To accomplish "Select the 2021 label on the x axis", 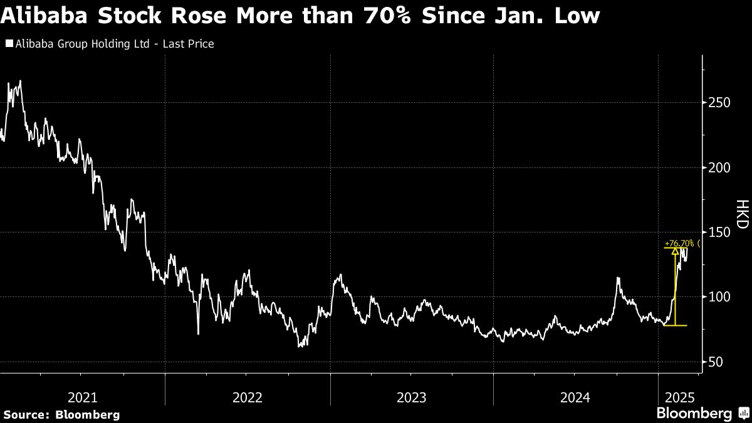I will [x=82, y=397].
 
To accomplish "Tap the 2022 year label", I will [x=247, y=397].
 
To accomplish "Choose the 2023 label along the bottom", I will [x=411, y=397].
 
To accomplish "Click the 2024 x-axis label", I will [x=575, y=397].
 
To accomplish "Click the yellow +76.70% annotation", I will [x=679, y=243].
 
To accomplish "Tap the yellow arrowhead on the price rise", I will [x=675, y=252].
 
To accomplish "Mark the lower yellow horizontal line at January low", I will [x=675, y=325].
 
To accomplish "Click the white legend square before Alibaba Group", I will [x=8, y=44].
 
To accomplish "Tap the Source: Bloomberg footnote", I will [x=61, y=414].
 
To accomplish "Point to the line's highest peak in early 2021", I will [x=21, y=81].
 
